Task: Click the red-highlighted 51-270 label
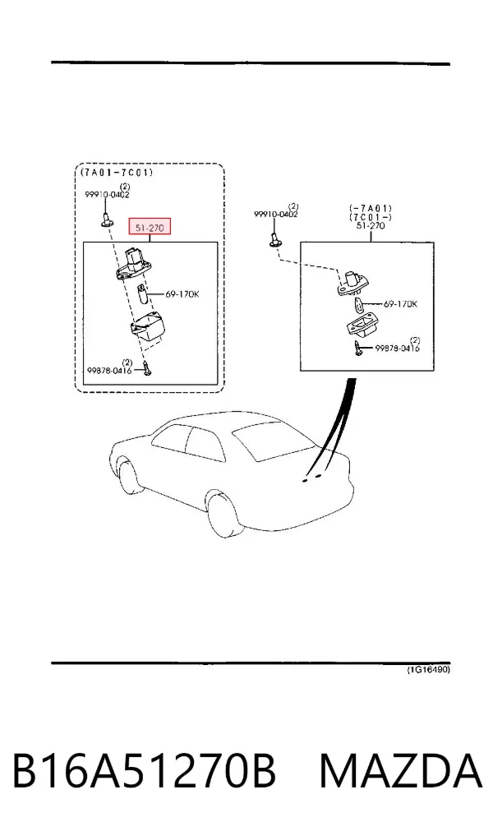pyautogui.click(x=150, y=227)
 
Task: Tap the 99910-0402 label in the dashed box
pyautogui.click(x=107, y=195)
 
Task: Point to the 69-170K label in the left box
pyautogui.click(x=182, y=293)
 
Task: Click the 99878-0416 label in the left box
pyautogui.click(x=110, y=371)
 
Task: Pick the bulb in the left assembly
pyautogui.click(x=142, y=294)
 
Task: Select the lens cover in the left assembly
pyautogui.click(x=148, y=326)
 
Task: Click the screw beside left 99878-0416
pyautogui.click(x=147, y=368)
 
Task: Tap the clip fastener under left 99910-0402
pyautogui.click(x=107, y=219)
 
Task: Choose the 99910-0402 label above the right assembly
pyautogui.click(x=275, y=215)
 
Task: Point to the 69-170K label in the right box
pyautogui.click(x=400, y=304)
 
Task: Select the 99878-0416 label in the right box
pyautogui.click(x=398, y=349)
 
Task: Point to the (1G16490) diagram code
pyautogui.click(x=429, y=670)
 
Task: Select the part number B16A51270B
pyautogui.click(x=144, y=770)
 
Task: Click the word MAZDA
pyautogui.click(x=401, y=770)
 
